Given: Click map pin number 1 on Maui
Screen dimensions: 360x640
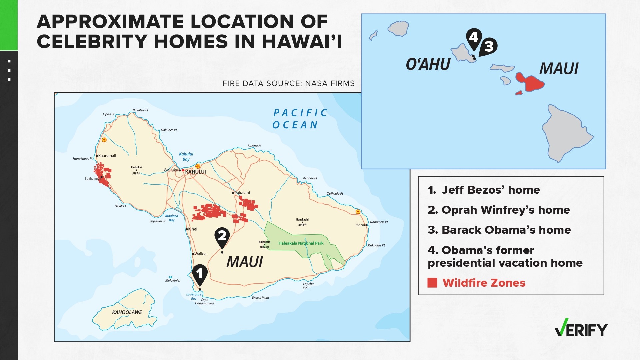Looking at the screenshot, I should [200, 274].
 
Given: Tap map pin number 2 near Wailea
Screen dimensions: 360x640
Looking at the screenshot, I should [222, 236].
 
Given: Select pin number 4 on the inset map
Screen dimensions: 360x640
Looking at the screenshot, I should [474, 37].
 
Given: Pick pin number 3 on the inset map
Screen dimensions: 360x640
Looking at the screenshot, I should [489, 46].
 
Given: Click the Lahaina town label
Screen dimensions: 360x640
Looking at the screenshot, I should [92, 179].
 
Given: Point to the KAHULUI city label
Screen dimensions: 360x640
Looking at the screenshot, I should [195, 172].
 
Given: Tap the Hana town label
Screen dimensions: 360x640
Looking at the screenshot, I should [360, 225].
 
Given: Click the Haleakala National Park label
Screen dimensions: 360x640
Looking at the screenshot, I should [301, 243].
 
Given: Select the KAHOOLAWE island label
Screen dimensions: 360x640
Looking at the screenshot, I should [127, 312].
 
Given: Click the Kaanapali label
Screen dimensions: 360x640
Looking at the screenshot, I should [107, 156].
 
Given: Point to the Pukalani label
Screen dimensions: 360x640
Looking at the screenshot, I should [242, 193].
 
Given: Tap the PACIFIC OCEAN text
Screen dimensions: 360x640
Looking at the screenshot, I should [300, 119].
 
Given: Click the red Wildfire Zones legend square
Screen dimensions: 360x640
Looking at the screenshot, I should [432, 283].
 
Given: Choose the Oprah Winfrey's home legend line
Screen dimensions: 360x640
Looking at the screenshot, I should [499, 210].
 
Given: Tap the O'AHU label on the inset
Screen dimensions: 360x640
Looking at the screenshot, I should [428, 64].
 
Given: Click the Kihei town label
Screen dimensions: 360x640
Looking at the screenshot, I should [193, 229].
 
